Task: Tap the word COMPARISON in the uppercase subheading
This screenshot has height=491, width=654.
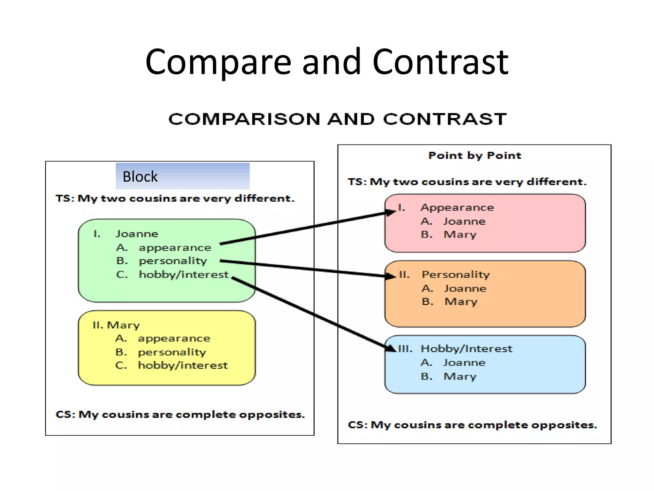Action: pos(244,119)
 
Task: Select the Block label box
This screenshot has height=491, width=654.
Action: pos(182,176)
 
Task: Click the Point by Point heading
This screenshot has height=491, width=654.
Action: pos(475,155)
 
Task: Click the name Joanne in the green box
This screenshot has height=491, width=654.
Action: pos(137,234)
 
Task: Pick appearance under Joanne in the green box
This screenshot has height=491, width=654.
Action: pos(175,248)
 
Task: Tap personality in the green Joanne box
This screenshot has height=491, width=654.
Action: pos(173,261)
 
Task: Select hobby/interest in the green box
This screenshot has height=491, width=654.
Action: pos(184,275)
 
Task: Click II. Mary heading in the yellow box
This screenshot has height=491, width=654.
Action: pos(116,325)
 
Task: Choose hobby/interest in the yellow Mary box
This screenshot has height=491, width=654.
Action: pos(183,365)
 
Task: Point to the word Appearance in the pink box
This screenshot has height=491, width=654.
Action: pos(457,207)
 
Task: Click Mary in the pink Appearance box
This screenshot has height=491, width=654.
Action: pos(460,235)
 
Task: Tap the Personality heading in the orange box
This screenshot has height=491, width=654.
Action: pos(456,275)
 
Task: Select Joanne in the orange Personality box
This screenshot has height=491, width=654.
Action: pos(465,288)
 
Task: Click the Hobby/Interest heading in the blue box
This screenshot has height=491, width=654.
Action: pos(466,348)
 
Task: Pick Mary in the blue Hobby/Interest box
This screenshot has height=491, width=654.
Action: pos(460,376)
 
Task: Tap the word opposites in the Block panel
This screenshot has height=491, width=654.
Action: pos(272,415)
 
